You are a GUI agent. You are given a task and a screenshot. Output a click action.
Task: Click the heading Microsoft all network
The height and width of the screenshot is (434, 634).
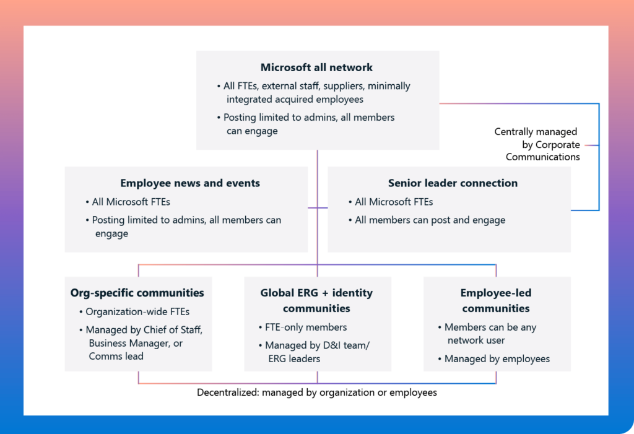316,67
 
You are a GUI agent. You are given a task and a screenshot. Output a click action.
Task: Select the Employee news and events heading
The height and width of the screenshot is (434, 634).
190,183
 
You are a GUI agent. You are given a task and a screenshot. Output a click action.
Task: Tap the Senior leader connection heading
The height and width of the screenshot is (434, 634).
453,183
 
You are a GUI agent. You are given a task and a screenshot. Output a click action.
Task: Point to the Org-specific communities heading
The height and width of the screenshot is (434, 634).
137,293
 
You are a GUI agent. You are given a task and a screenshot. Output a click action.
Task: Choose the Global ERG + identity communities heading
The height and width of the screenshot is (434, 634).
316,300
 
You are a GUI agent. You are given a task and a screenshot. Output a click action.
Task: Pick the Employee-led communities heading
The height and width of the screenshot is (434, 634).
496,300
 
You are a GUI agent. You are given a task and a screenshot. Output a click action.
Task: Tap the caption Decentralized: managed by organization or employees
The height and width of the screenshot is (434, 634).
316,393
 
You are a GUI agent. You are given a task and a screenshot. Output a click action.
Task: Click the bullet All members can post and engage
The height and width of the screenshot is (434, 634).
430,220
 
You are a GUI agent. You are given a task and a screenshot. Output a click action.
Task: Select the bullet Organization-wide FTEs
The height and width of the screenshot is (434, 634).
137,312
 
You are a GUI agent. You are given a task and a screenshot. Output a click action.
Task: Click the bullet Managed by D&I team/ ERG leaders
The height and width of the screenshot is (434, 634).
317,352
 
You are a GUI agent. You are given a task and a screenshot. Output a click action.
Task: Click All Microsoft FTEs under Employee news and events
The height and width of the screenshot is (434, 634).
131,202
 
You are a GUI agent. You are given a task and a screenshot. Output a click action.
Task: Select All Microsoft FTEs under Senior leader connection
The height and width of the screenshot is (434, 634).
394,202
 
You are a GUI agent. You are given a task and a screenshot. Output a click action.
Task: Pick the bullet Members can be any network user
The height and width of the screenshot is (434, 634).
490,334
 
